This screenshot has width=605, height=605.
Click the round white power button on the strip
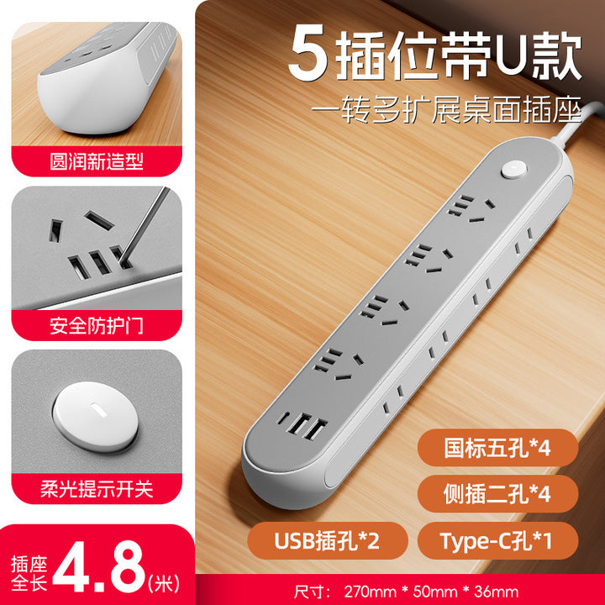click(x=513, y=170)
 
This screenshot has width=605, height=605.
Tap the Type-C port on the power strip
click(x=284, y=418)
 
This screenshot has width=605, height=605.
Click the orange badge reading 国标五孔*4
click(x=497, y=448)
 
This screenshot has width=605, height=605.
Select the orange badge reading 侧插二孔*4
click(x=497, y=493)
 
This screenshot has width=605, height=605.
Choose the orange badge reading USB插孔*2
click(x=327, y=540)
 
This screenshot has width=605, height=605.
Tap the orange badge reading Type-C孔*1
click(x=497, y=540)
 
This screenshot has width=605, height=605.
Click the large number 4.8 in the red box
click(x=99, y=567)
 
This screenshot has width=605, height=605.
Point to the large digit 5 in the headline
click(x=308, y=52)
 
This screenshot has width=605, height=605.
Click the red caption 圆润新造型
click(x=97, y=161)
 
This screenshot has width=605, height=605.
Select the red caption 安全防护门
click(x=97, y=326)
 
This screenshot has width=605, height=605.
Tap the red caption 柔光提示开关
click(x=97, y=489)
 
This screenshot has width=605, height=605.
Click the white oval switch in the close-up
click(x=96, y=417)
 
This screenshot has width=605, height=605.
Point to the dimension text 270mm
click(x=370, y=592)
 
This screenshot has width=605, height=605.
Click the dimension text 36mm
click(x=497, y=592)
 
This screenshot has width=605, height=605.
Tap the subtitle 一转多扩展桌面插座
click(x=446, y=110)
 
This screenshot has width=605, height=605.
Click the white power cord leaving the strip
click(x=576, y=123)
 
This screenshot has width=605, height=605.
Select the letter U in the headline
click(x=512, y=56)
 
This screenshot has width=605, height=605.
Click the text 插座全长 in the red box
click(x=29, y=573)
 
